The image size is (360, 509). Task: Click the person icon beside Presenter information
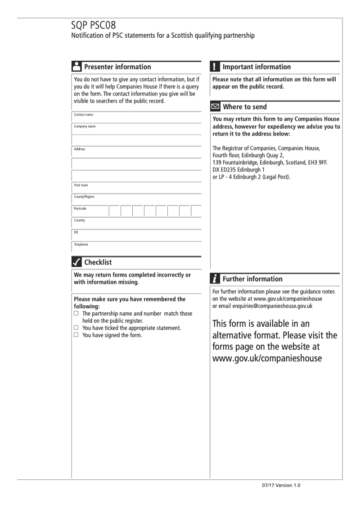[x=76, y=67]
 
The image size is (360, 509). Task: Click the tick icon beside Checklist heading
[x=76, y=262]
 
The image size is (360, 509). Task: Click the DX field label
[x=76, y=232]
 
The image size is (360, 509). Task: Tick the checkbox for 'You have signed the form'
[x=76, y=335]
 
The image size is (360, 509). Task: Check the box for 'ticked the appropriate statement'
[x=76, y=328]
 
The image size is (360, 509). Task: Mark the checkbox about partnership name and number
[x=76, y=313]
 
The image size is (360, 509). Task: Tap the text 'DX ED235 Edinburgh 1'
[x=238, y=169]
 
